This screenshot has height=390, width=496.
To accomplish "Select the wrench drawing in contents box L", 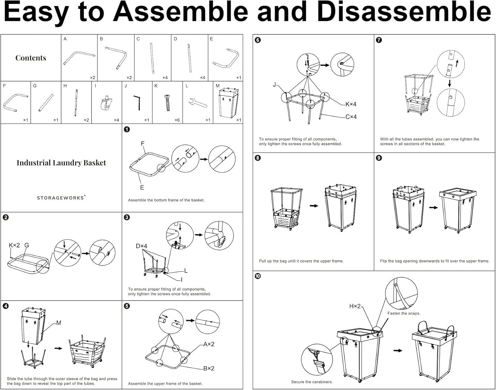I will pos(197,103).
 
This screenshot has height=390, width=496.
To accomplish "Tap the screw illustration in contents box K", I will pos(168,103).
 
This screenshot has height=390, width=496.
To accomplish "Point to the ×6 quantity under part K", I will pos(177,120).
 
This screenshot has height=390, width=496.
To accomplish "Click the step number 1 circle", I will pos(127,129).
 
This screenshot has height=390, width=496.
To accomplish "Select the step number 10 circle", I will pos(258,276).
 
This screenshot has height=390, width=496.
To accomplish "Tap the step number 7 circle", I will pos(379,40).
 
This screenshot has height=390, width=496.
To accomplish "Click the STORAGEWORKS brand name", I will pos(61,198).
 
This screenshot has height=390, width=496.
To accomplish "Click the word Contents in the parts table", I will pos(31,58).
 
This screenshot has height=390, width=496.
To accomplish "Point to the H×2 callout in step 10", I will pos(355,306).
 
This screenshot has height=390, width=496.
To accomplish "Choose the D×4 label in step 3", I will pos(141,246).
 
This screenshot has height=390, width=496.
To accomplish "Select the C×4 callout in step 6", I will pos(351,117).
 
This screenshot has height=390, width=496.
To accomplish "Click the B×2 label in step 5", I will pos(209,368).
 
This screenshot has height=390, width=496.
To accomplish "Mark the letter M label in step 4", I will pos(59,323).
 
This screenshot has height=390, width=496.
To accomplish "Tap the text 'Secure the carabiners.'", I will pos(312,382).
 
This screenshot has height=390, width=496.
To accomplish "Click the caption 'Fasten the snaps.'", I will pos(404,313).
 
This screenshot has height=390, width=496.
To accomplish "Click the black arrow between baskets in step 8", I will pos(314,206).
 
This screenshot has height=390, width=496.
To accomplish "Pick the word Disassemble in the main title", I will pos(404,13).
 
